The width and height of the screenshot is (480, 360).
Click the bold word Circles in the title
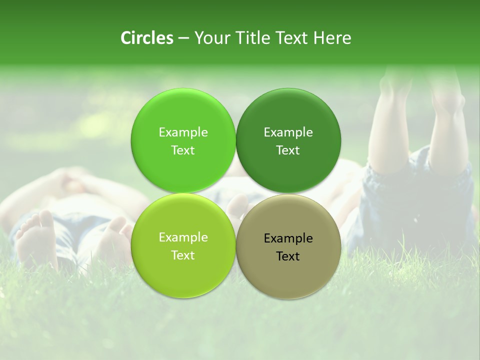pyautogui.click(x=147, y=38)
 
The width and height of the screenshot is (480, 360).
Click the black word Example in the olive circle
pyautogui.click(x=288, y=238)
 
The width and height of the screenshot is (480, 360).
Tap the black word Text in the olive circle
pyautogui.click(x=288, y=256)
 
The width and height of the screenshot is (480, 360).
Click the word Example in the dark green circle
pyautogui.click(x=288, y=132)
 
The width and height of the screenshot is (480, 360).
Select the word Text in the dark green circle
pyautogui.click(x=288, y=150)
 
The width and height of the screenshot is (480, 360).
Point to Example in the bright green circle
pyautogui.click(x=183, y=132)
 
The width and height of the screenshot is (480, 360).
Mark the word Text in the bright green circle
pyautogui.click(x=183, y=150)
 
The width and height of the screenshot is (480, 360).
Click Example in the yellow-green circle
pyautogui.click(x=183, y=237)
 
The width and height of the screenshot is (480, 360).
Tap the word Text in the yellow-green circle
pyautogui.click(x=183, y=255)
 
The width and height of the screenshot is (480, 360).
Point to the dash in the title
pyautogui.click(x=183, y=38)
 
